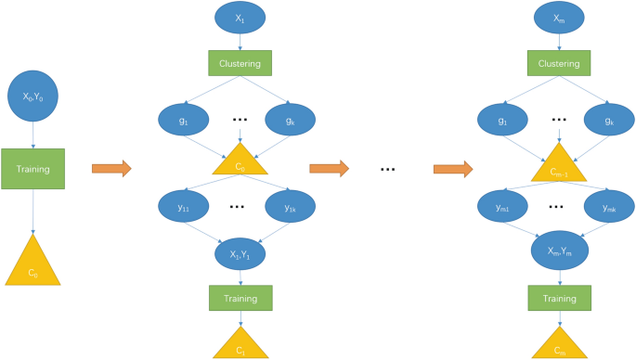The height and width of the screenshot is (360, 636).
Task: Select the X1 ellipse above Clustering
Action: tap(240, 18)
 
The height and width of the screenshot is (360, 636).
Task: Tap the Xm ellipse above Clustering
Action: tap(559, 18)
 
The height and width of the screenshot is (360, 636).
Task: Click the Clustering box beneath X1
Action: tap(240, 63)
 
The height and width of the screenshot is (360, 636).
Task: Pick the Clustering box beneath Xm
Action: tap(559, 63)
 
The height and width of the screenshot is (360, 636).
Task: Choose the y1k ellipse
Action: tap(291, 208)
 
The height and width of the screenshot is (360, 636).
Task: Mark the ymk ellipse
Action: tap(609, 208)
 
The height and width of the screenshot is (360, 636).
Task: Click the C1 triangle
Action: tap(240, 345)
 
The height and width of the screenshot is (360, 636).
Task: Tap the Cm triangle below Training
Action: tap(559, 345)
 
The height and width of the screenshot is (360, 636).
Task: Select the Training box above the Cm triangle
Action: tap(559, 298)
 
